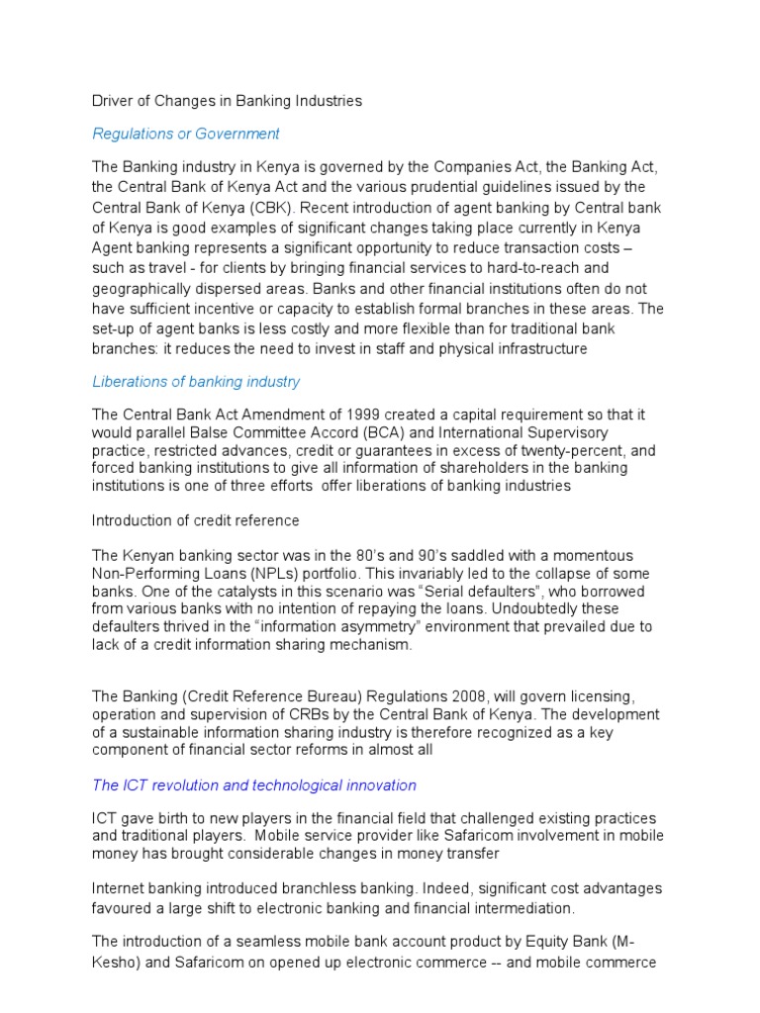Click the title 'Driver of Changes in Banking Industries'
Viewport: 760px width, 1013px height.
(x=227, y=101)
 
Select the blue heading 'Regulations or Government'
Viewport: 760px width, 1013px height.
(x=186, y=134)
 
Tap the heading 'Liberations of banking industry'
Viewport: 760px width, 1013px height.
(x=196, y=381)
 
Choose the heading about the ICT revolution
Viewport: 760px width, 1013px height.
(x=254, y=784)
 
